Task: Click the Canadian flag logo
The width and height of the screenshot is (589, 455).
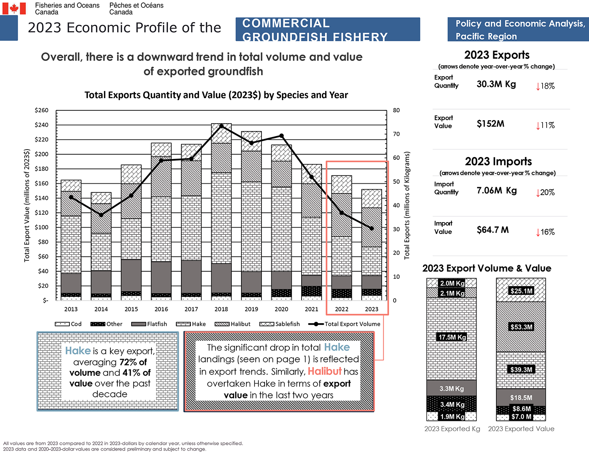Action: tap(14, 8)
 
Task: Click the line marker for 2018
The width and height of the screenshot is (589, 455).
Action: tap(221, 126)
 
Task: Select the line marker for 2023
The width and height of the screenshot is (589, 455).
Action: tap(371, 228)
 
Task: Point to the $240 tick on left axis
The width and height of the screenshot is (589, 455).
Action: tap(42, 125)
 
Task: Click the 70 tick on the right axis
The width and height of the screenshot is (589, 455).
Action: tap(396, 134)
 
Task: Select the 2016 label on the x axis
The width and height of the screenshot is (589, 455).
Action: tap(161, 309)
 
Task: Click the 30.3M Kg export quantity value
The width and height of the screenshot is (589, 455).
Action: tap(496, 84)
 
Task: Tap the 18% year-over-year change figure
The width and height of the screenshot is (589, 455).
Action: tap(545, 86)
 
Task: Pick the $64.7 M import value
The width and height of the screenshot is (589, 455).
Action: tap(492, 230)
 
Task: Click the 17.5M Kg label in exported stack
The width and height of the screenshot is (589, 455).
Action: tap(452, 337)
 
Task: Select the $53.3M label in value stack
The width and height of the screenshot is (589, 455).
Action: tap(521, 327)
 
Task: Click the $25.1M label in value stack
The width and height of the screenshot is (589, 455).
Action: tap(521, 291)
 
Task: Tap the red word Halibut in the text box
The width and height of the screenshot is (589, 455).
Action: tap(324, 371)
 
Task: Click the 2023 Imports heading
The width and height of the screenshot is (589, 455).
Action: tap(498, 161)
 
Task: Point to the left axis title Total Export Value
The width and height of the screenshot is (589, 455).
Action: tap(27, 205)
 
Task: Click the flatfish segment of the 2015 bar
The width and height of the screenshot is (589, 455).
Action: tap(131, 275)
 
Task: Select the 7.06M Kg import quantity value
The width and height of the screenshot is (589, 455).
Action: tap(496, 190)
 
